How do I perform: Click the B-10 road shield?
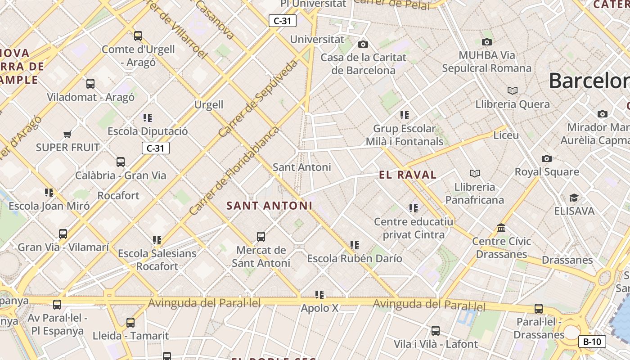coord(592,342)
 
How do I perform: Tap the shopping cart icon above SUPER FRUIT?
coord(67,134)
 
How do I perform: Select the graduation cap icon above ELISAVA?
coord(574,198)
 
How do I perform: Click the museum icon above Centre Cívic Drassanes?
coord(501,228)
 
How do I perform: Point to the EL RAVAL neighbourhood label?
coord(408,175)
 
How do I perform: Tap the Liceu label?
coord(506,135)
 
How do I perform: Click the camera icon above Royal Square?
coord(547,158)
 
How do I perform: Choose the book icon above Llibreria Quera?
coord(512,91)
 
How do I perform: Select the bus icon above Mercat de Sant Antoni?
coord(261,237)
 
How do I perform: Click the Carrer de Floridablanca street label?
coord(234,171)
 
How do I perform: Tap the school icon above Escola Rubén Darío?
coord(355,245)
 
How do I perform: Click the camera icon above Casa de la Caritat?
coord(363,44)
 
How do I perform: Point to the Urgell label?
coord(209,105)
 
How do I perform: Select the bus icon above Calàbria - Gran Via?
coord(121,162)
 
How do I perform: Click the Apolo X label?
coord(319,309)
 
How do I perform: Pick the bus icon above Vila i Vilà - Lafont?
coord(436,331)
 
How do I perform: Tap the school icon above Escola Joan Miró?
coord(49,193)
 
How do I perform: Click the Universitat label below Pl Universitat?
coord(317,39)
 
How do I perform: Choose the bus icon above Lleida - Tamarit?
coord(130,323)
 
